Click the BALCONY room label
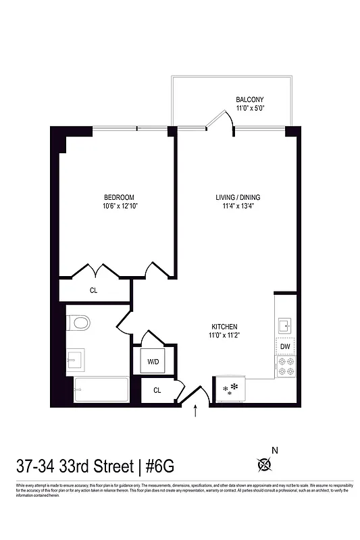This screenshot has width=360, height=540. click(249, 99)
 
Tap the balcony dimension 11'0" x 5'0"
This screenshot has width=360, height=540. click(249, 108)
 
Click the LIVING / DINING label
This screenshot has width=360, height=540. click(238, 197)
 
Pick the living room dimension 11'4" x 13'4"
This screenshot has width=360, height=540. click(238, 207)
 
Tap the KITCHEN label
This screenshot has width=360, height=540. click(223, 326)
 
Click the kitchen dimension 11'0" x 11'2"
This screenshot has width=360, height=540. click(223, 335)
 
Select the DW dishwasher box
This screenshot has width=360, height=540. click(285, 346)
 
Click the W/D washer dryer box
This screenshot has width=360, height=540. click(153, 362)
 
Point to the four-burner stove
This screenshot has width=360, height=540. click(285, 367)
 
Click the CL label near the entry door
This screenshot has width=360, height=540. click(157, 390)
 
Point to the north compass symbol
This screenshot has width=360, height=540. click(265, 464)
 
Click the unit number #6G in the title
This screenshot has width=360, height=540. click(159, 465)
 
